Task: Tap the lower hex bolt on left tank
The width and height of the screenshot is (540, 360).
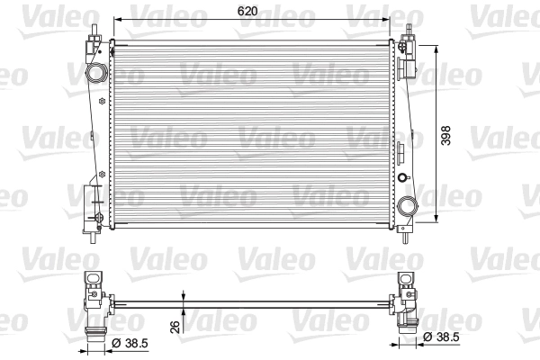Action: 102,171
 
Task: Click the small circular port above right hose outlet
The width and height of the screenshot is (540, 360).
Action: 402,178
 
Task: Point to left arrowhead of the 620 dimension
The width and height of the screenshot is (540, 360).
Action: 114,22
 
